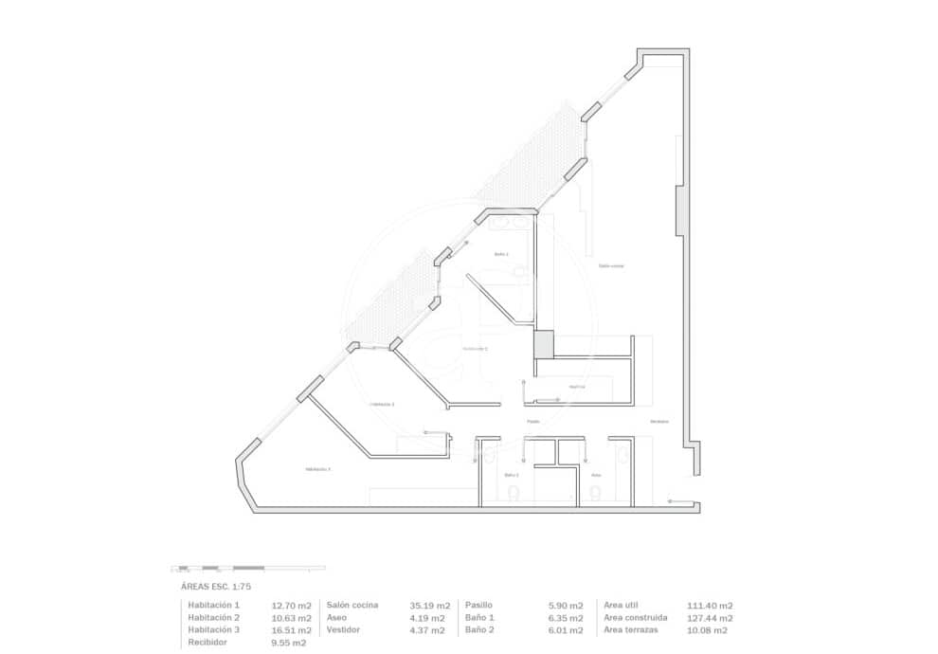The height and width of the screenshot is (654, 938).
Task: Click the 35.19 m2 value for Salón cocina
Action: tap(429, 605)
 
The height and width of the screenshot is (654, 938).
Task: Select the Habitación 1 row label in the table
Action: tap(214, 605)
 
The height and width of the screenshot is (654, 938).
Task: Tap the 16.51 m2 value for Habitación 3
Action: tap(291, 630)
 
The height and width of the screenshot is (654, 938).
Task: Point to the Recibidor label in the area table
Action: tap(207, 643)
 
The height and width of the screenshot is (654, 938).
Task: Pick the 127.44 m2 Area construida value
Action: tap(710, 618)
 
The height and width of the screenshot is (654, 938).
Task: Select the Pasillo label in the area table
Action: tap(478, 605)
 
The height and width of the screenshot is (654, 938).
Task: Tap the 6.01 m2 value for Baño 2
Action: tap(566, 630)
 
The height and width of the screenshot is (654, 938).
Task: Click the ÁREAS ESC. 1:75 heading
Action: tap(216, 587)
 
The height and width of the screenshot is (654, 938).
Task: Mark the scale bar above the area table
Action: tap(247, 568)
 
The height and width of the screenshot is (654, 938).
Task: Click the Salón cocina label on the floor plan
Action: tap(611, 266)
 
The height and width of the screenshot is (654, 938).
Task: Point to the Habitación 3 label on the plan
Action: tap(317, 469)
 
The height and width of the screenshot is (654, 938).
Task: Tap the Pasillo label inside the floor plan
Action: tap(533, 422)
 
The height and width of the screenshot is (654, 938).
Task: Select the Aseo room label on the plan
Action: tap(596, 475)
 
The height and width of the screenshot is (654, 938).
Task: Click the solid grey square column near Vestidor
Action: tap(543, 344)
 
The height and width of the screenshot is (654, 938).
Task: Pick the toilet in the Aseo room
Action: tap(595, 492)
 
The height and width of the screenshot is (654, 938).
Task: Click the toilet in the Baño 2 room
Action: tap(513, 493)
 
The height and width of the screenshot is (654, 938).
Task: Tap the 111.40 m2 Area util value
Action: tap(710, 605)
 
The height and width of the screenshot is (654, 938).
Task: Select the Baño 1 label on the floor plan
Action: tap(501, 255)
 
